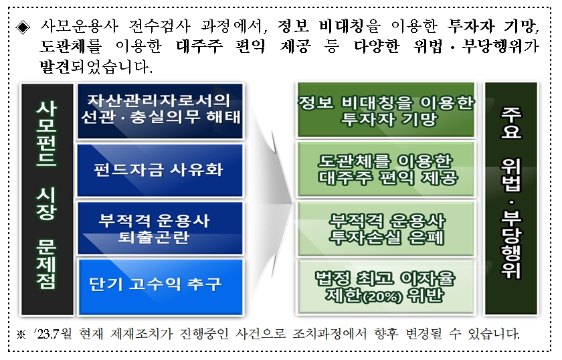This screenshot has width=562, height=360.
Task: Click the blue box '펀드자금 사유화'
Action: (159, 169)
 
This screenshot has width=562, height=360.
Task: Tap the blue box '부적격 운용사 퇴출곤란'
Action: (159, 228)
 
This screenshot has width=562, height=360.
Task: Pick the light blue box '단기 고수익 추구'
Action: (159, 284)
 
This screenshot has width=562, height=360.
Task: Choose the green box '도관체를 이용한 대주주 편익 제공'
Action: (385, 169)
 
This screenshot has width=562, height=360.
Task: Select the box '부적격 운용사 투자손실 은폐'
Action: (385, 228)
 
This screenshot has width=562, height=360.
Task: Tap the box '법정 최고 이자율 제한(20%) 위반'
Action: (385, 284)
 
